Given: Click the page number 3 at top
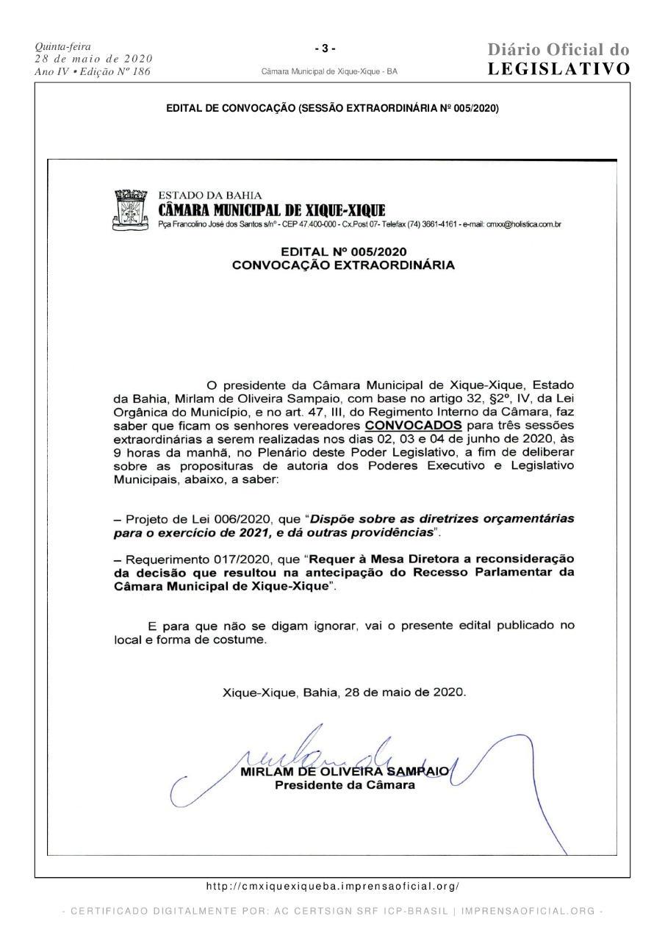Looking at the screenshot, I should [x=325, y=49].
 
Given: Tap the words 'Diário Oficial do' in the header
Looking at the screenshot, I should [x=559, y=50].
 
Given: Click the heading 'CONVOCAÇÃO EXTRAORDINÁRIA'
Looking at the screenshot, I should [x=343, y=265].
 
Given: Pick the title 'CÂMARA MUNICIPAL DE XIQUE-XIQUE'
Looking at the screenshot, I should [x=272, y=210].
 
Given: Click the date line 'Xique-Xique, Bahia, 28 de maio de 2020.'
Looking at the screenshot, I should [x=344, y=692].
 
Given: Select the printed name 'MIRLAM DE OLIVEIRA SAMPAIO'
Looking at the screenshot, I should [x=345, y=771].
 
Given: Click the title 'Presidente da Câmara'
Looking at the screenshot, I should [x=345, y=785].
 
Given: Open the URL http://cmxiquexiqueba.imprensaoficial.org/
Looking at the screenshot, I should [x=332, y=887].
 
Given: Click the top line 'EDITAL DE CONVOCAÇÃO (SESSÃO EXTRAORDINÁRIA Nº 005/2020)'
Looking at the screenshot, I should [x=332, y=108].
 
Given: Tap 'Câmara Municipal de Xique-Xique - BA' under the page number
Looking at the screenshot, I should [x=329, y=72].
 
